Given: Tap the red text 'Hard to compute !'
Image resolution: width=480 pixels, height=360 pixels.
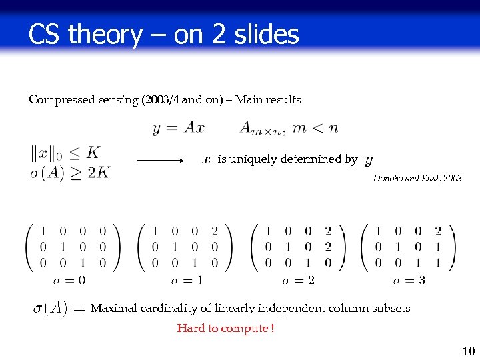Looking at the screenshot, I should point(225,328).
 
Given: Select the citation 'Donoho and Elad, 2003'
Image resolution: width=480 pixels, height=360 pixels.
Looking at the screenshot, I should point(417,179).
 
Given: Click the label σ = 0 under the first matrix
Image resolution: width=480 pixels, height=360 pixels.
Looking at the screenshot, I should point(73,280).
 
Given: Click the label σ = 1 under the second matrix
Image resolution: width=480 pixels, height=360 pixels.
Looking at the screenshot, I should point(187,280).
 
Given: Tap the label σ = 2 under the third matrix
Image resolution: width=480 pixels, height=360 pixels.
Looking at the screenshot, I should point(299,280).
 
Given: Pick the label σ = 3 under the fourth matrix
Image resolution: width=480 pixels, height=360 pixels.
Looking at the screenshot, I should point(409,280).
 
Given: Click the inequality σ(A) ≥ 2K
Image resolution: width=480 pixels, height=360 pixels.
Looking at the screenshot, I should point(70,173).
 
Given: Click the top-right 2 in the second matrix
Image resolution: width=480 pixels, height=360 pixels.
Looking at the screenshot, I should point(214,231).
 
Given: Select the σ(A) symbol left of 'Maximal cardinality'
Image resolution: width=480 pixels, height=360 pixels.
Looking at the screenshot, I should point(51,308).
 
